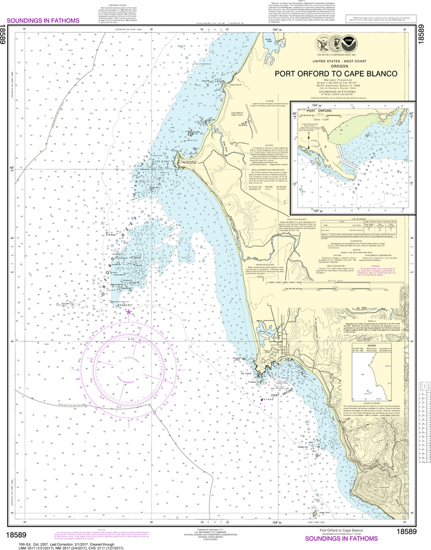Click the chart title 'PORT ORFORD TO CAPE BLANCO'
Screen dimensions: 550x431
coord(336,74)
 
